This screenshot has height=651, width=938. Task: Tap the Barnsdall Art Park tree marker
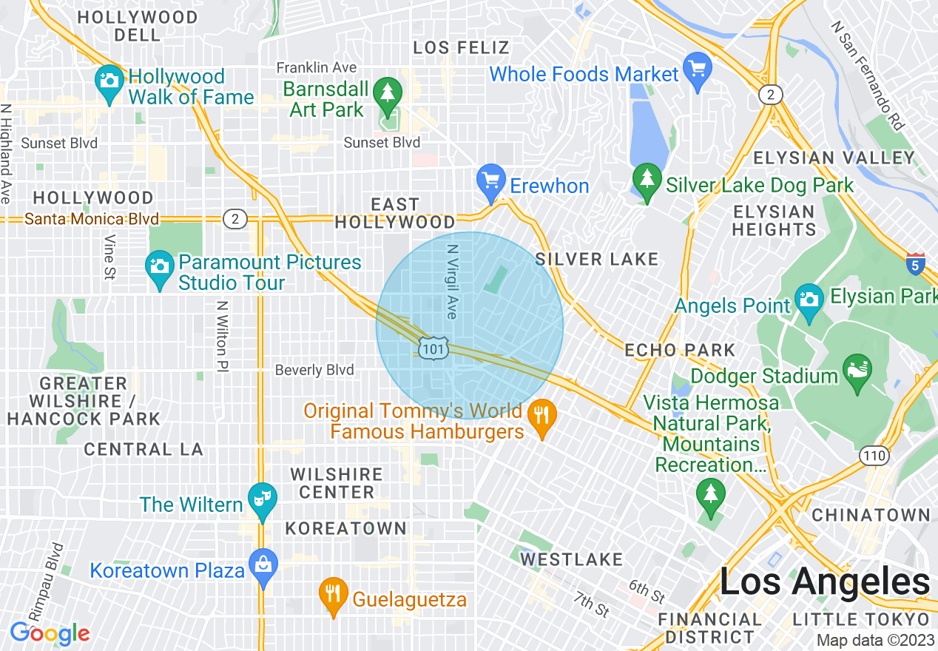coord(387,93)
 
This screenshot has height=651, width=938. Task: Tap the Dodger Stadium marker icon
coord(859,366)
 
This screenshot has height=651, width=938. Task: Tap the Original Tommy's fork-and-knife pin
coord(542,416)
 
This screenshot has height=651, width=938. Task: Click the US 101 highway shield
coord(432,348)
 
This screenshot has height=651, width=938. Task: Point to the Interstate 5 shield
coord(915,263)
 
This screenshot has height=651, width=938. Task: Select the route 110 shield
coord(874,456)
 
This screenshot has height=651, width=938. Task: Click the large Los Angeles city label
coord(824,581)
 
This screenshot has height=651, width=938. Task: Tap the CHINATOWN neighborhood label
coord(871,515)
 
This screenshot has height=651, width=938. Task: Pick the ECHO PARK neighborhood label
coord(680,350)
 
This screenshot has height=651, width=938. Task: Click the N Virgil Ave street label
coord(452,282)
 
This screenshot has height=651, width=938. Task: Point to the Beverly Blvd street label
coord(314,370)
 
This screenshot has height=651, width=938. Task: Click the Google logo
coord(50,633)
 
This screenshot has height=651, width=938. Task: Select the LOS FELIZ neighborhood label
coord(461,48)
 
